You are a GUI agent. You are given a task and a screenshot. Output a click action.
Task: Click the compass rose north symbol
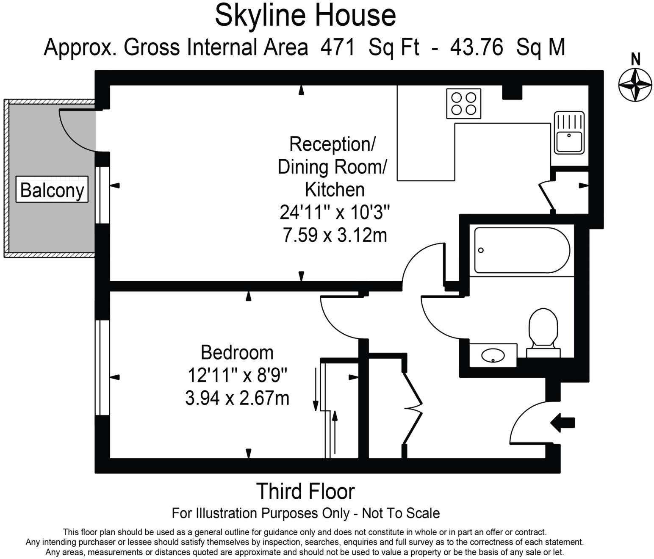pos(635,85)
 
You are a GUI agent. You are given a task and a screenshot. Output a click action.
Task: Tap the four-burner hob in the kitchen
pos(463,104)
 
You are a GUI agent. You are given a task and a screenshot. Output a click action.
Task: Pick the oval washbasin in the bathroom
pos(493,356)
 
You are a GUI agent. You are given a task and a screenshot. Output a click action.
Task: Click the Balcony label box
pos(52,190)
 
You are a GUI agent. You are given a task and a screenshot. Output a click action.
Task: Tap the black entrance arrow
pos(562,422)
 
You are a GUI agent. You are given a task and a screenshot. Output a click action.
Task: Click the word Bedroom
pos(237,352)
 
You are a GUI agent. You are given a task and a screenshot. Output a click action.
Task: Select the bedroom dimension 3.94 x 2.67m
pos(237,398)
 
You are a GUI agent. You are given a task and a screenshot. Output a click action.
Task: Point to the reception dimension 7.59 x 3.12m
pos(335,235)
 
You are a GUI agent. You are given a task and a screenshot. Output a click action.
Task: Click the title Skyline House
pos(305,16)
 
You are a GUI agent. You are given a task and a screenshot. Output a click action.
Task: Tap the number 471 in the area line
pos(338,47)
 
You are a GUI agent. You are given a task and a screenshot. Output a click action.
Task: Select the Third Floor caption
pos(305,491)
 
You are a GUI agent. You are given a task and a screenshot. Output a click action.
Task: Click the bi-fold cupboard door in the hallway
pos(413,409)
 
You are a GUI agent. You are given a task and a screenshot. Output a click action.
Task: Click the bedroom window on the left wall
pos(102,367)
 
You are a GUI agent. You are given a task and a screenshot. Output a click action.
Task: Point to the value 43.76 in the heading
pos(477,47)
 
